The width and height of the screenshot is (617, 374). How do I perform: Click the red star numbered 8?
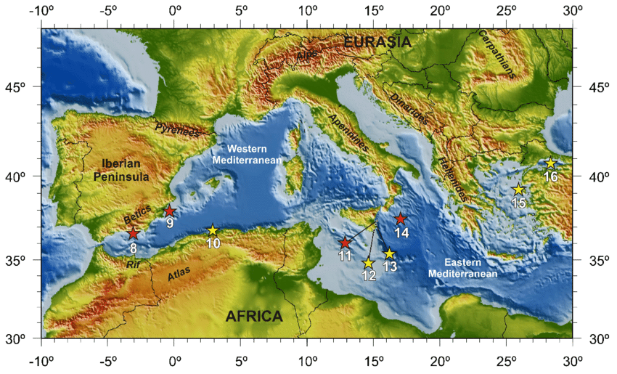[133, 233]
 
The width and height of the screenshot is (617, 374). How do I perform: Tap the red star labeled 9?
[169, 210]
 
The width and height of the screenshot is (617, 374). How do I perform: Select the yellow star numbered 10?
[213, 230]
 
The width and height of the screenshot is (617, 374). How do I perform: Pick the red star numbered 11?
[345, 243]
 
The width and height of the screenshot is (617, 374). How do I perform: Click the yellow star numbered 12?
[368, 263]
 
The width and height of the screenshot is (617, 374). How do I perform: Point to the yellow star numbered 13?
[389, 253]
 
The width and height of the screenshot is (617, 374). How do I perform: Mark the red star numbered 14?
[400, 219]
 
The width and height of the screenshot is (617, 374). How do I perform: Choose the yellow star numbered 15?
[519, 190]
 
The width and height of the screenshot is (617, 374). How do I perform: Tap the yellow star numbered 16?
[551, 163]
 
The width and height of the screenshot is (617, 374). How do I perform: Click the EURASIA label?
[377, 43]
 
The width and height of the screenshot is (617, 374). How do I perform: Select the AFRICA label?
[254, 317]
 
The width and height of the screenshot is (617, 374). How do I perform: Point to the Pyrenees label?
[176, 130]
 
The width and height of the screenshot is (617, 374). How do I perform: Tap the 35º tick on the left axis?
[22, 261]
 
